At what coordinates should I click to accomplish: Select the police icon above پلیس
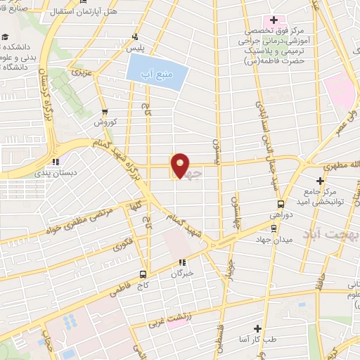[x=135, y=38]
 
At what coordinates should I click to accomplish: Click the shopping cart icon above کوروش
[x=105, y=111]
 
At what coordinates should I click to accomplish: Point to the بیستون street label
[x=217, y=148]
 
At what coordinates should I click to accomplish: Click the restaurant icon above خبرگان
[x=182, y=262]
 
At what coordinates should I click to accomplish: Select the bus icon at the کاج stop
[x=143, y=275]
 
